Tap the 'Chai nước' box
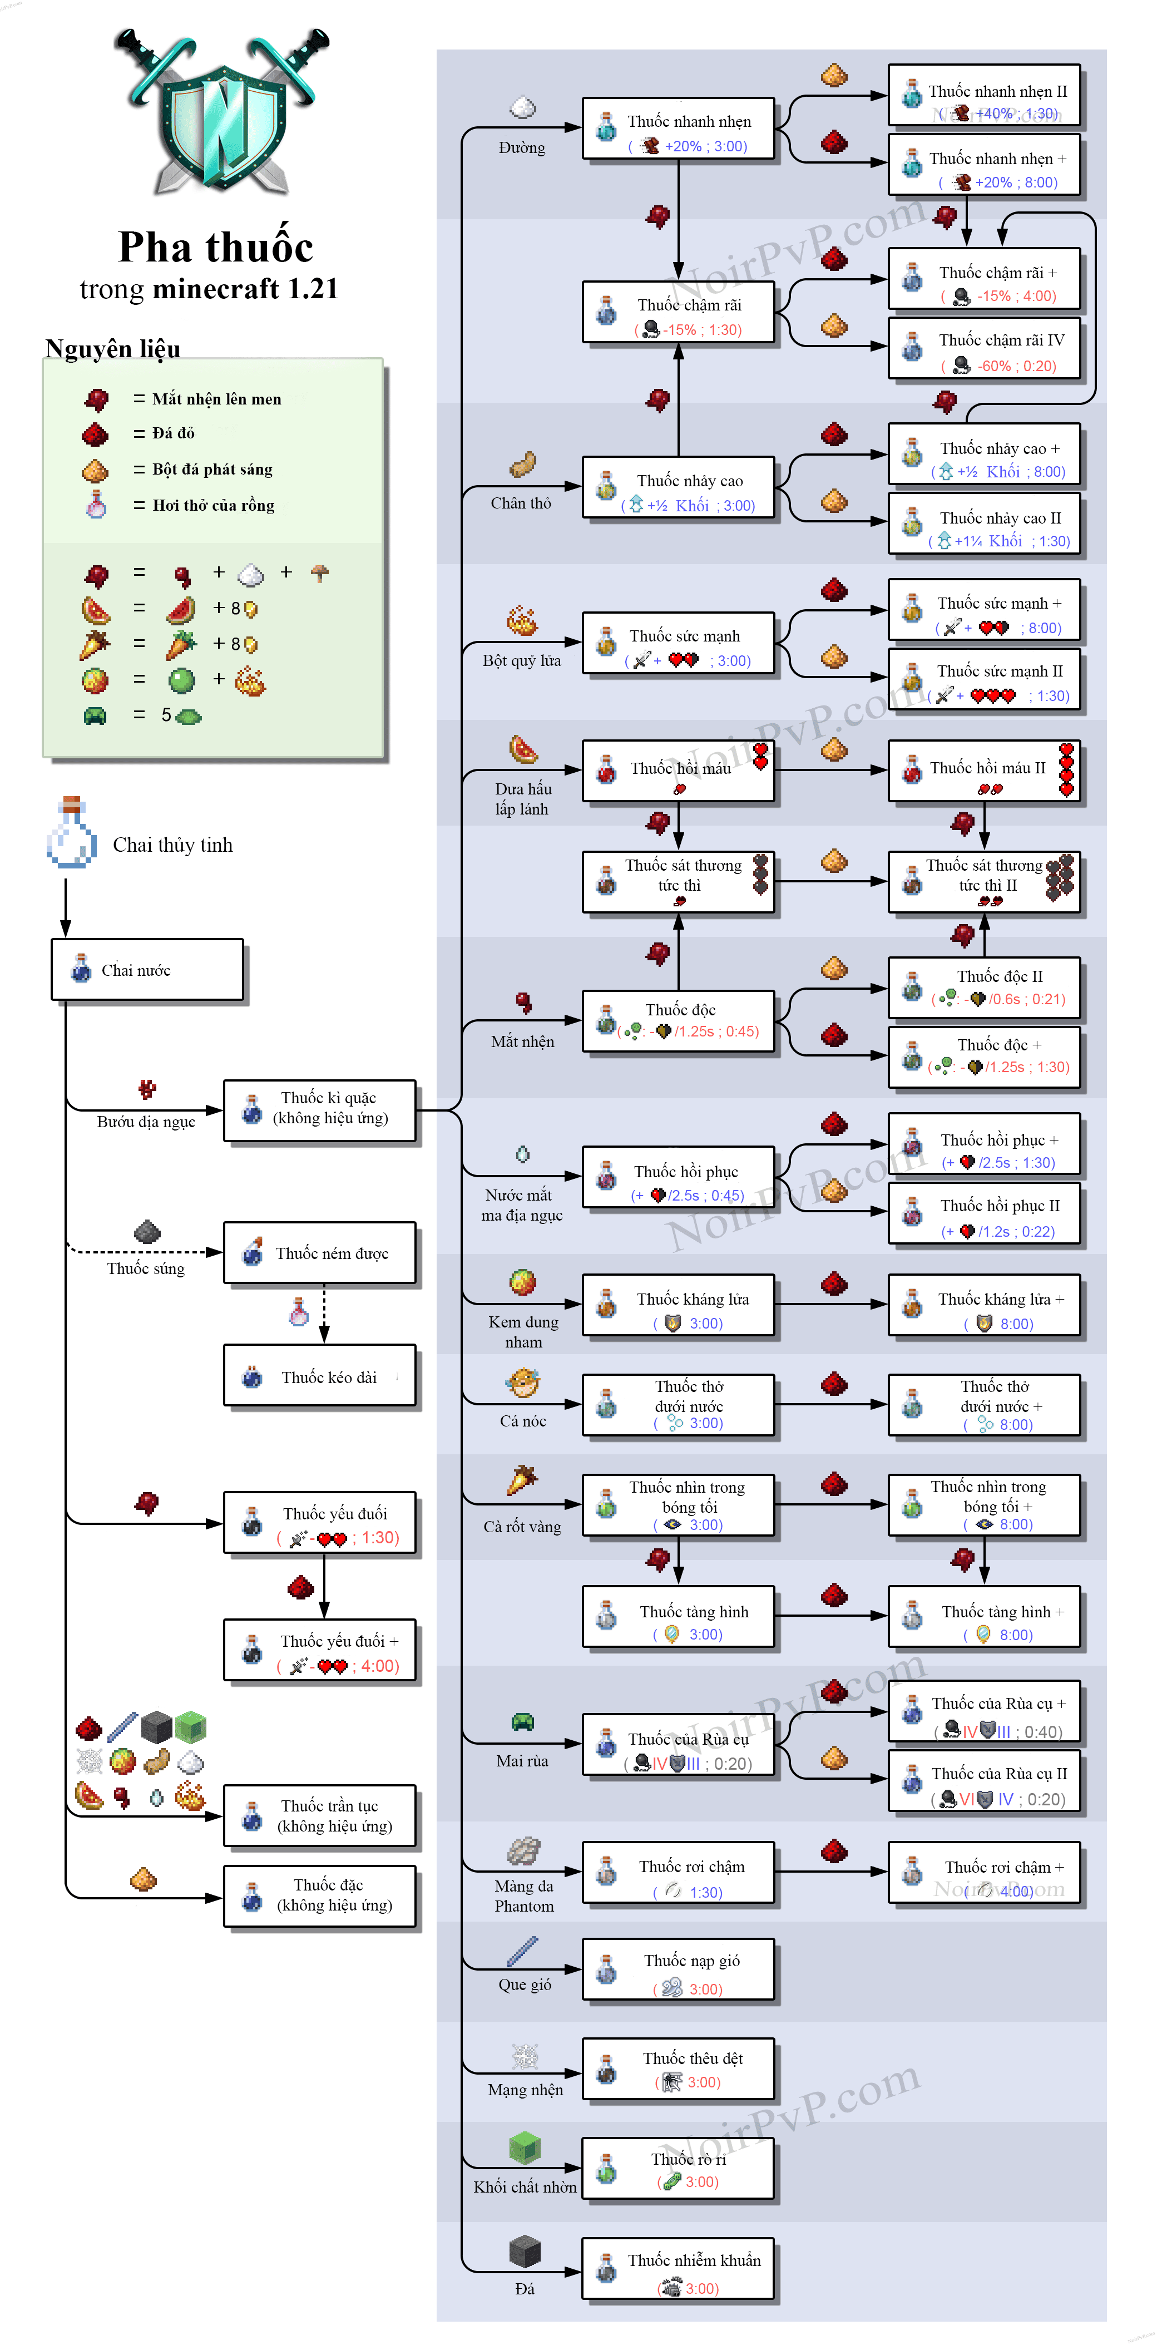point(147,970)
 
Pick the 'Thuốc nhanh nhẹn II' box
point(984,95)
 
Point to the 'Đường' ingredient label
point(522,147)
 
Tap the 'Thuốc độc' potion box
point(678,1020)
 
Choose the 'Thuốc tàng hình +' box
point(984,1618)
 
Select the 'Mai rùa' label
point(522,1761)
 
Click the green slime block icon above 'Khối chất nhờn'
point(525,2149)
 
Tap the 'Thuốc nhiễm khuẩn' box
point(678,2269)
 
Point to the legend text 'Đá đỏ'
point(173,433)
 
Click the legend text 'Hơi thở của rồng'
point(213,505)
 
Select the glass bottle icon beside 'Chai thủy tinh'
point(71,833)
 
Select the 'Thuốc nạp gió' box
point(678,1970)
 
